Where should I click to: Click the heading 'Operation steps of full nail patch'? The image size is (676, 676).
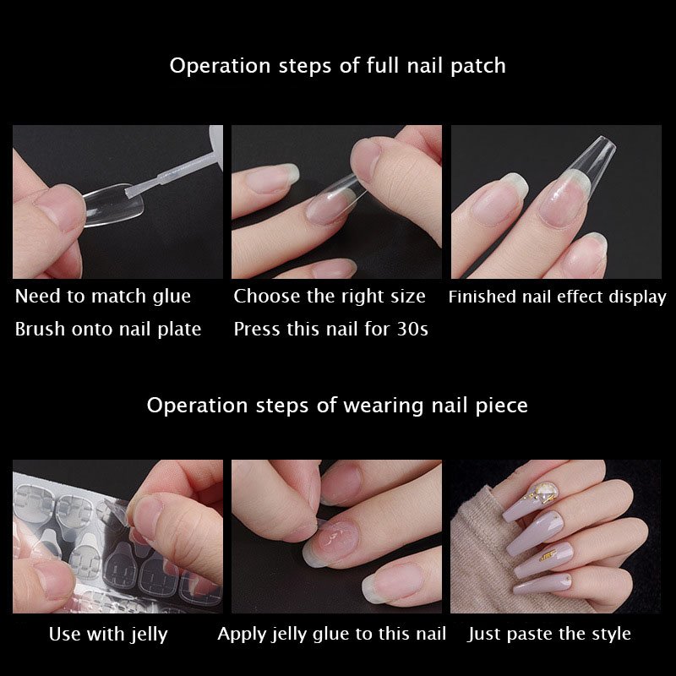(337, 66)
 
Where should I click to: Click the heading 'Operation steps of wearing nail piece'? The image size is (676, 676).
(337, 406)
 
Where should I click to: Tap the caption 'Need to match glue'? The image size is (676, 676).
(103, 297)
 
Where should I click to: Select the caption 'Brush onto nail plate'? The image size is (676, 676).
(108, 330)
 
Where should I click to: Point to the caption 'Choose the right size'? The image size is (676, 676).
(330, 297)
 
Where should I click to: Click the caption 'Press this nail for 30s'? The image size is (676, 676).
(330, 330)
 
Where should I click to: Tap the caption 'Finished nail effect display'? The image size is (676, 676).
(557, 297)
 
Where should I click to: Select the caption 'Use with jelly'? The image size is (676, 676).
(108, 634)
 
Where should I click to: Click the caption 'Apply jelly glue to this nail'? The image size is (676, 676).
(331, 634)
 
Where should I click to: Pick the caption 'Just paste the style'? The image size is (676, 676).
(549, 634)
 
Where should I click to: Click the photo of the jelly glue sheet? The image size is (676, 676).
(117, 537)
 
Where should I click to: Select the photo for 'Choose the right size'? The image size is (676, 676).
(336, 202)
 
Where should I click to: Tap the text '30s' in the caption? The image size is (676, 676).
(412, 330)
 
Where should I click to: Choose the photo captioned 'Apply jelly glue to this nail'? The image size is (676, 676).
(336, 537)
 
